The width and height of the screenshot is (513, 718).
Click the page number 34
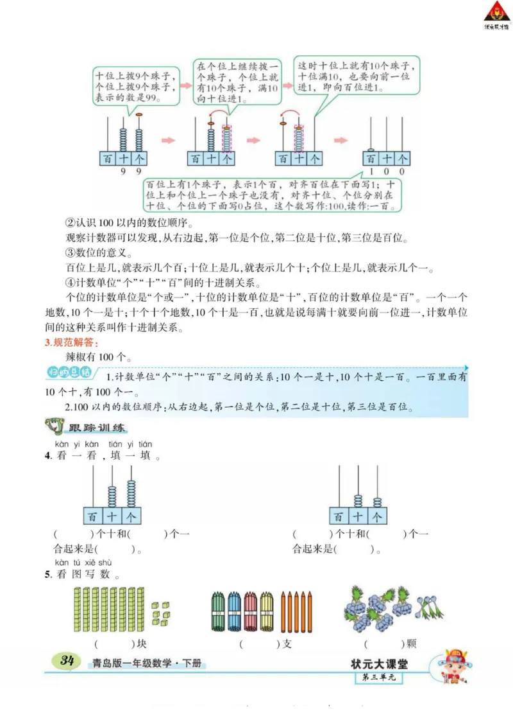point(67,661)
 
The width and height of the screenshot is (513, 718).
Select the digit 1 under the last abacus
point(371,171)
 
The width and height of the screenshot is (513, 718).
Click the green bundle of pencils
point(217,611)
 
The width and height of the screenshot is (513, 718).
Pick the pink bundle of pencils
point(251,611)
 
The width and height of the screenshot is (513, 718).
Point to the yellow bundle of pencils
point(267,611)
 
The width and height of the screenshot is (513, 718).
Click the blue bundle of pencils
point(234,611)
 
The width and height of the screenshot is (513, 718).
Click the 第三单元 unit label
point(379,676)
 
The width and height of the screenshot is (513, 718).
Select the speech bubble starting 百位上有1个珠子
point(273,195)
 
